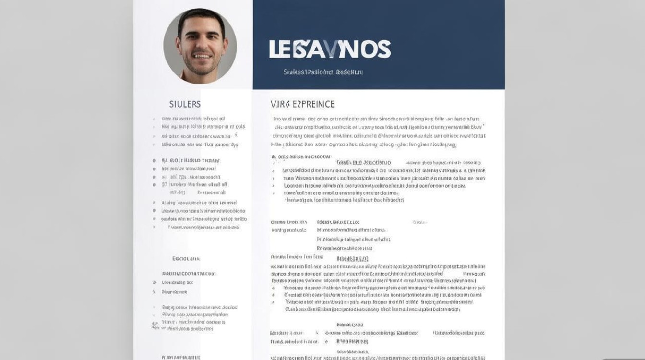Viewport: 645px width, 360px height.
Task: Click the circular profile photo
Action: click(x=200, y=46)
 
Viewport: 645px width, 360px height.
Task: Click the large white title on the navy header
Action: click(x=330, y=49)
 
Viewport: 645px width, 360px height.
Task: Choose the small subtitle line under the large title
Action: click(x=323, y=72)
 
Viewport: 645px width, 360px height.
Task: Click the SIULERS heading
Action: click(x=185, y=104)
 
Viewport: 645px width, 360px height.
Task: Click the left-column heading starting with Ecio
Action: click(x=186, y=258)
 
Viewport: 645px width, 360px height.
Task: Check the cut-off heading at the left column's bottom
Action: click(x=181, y=357)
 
